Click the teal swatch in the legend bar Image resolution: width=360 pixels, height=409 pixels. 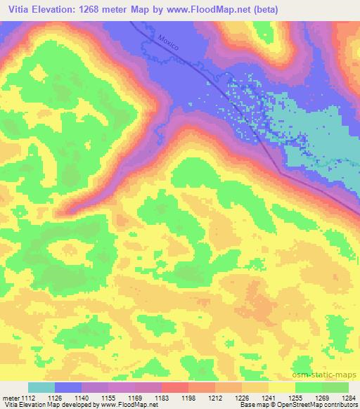pos(41,387)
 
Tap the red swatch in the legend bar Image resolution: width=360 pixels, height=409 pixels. pos(175,387)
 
